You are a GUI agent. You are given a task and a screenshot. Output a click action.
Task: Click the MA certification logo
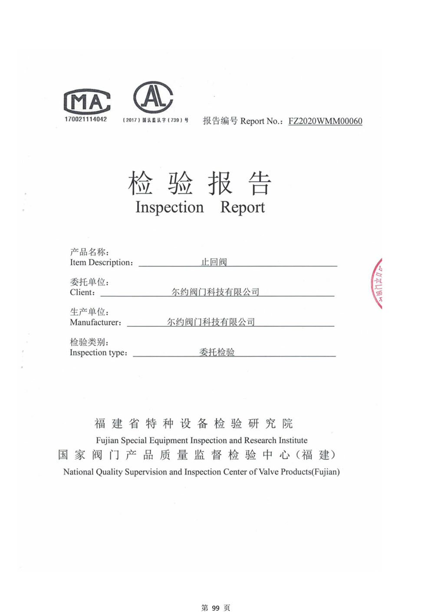(x=87, y=102)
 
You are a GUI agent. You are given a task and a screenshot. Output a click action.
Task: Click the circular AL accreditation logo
(x=153, y=97)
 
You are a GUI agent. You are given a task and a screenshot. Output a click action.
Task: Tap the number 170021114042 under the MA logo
(x=85, y=120)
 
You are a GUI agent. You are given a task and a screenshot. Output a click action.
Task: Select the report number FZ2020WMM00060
(x=325, y=121)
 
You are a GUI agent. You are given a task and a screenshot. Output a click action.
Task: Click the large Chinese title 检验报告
(x=200, y=183)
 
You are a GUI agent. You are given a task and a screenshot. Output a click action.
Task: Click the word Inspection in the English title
(x=169, y=207)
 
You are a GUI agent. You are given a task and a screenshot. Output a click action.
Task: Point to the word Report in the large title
(x=242, y=207)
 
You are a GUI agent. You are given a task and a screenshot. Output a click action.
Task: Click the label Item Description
(x=101, y=263)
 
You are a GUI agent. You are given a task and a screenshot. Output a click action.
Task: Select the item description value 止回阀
(x=214, y=262)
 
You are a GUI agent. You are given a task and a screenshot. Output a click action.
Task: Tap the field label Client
(x=81, y=293)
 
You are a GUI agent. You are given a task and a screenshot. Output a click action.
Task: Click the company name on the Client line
(x=215, y=292)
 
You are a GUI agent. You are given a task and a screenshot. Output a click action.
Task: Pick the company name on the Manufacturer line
(x=211, y=322)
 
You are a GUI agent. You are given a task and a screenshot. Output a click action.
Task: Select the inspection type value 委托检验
(x=217, y=352)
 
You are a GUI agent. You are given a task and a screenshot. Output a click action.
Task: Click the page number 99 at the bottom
(x=216, y=608)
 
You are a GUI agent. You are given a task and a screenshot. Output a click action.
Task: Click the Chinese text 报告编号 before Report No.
(x=220, y=121)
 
